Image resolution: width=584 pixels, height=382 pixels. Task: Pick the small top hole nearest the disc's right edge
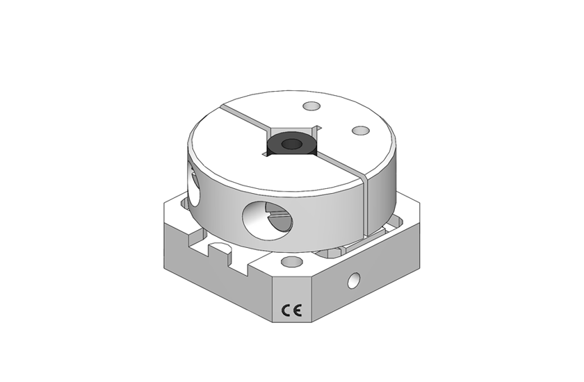(359, 131)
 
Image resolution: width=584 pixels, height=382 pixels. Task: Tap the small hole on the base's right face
(355, 281)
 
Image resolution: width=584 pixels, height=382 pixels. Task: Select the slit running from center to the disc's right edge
(341, 167)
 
